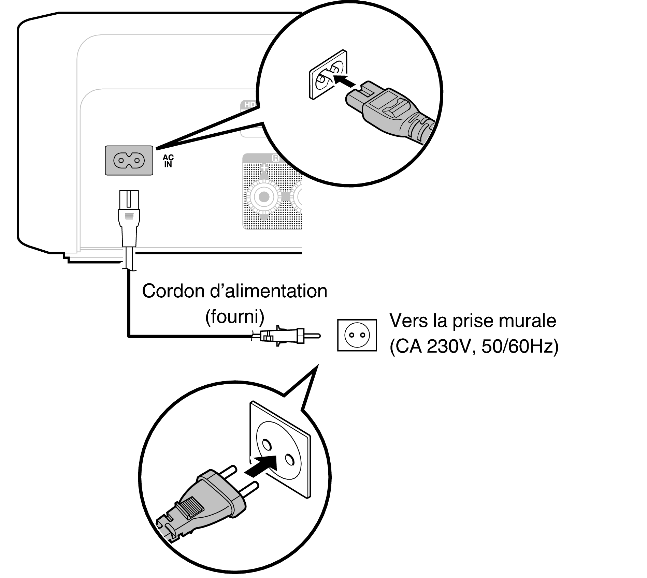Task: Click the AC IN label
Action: (x=168, y=161)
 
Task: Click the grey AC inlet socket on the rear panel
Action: (x=129, y=160)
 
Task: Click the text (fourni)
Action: (x=235, y=317)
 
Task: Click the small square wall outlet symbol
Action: (x=357, y=335)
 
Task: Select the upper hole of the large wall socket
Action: (x=266, y=444)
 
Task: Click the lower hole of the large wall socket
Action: (x=289, y=460)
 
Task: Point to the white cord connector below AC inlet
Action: (x=129, y=218)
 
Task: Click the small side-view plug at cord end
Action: (x=285, y=336)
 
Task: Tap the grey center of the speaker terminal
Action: (x=264, y=197)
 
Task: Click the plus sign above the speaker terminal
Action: (x=264, y=168)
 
